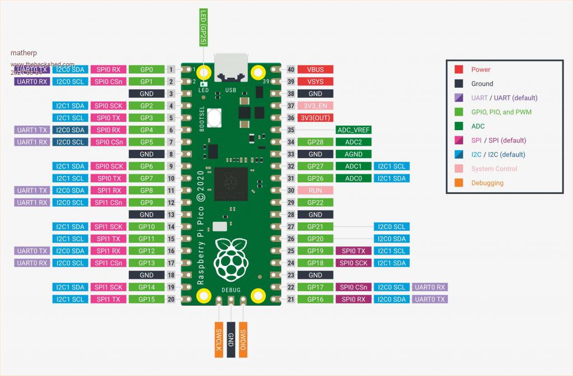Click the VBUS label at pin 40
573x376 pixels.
(315, 70)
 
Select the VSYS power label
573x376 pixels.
(315, 82)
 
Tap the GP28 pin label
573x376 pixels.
(315, 142)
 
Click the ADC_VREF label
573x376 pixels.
(353, 130)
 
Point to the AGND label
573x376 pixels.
(353, 154)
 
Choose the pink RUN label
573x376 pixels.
(315, 191)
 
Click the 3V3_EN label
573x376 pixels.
(315, 106)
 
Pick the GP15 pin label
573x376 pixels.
(147, 299)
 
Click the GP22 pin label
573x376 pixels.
(315, 202)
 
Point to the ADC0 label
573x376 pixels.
(353, 178)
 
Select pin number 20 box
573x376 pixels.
(171, 299)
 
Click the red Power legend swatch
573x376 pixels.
(459, 69)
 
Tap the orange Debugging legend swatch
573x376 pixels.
(459, 183)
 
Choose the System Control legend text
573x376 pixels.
(494, 169)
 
